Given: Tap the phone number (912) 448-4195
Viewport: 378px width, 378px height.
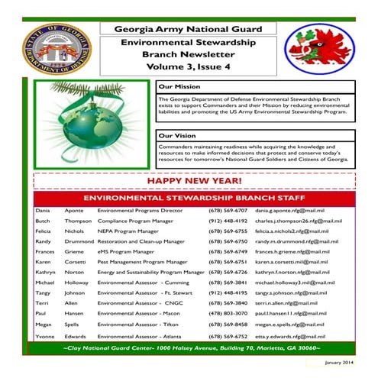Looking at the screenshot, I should coord(227,293).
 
